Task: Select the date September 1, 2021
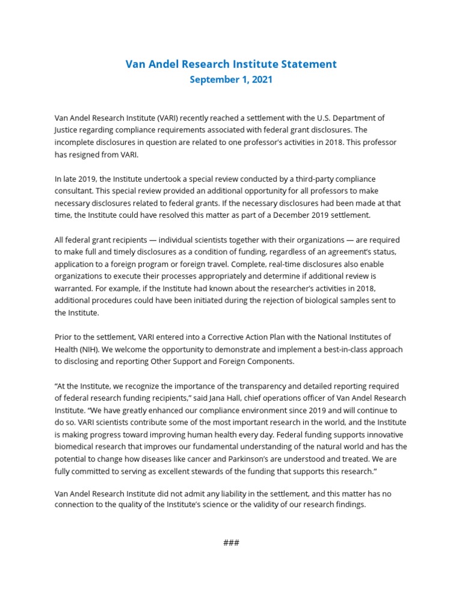coord(231,80)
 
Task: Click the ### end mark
coord(231,543)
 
